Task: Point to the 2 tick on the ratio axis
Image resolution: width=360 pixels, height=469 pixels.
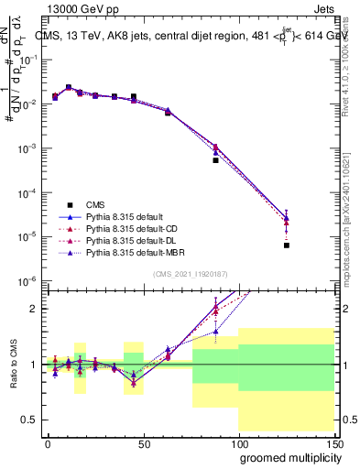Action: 38,309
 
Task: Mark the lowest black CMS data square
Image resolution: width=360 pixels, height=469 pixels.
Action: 287,245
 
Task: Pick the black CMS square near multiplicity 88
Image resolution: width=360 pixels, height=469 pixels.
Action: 215,160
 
